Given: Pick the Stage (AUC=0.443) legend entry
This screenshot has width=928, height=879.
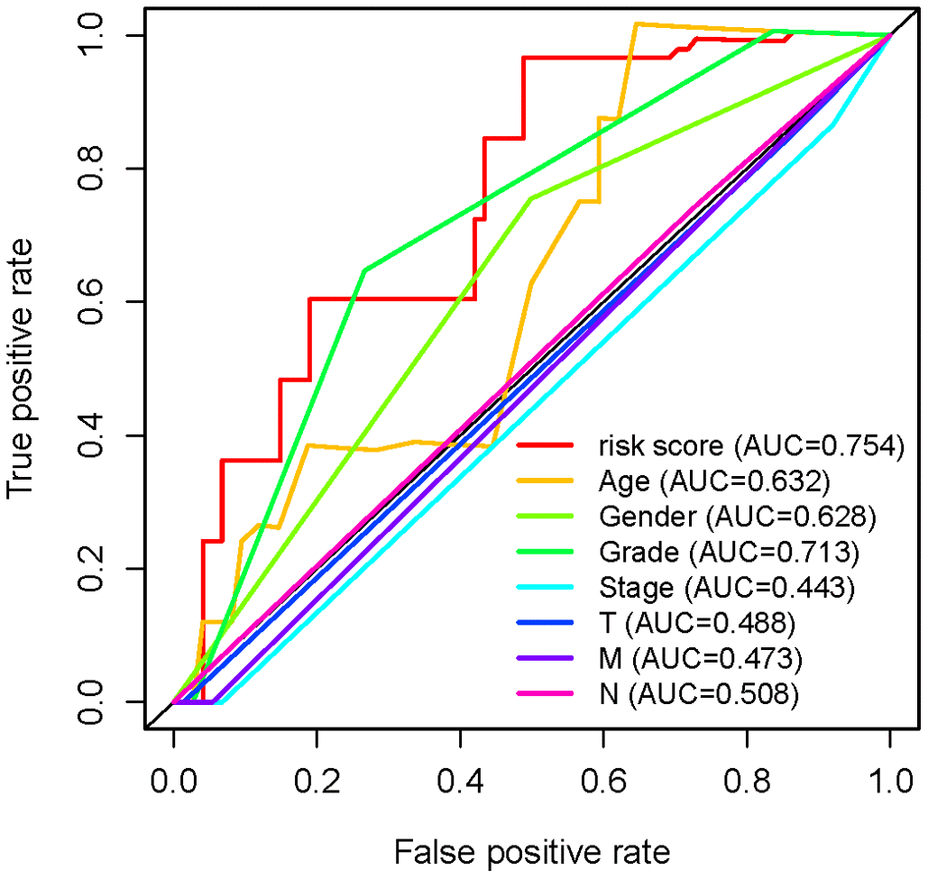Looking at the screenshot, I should [726, 588].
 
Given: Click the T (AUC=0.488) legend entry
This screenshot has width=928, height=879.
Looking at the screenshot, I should [700, 623].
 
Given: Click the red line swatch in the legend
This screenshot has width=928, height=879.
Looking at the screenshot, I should [545, 444].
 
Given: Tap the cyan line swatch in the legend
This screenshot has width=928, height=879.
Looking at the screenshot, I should [545, 588].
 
